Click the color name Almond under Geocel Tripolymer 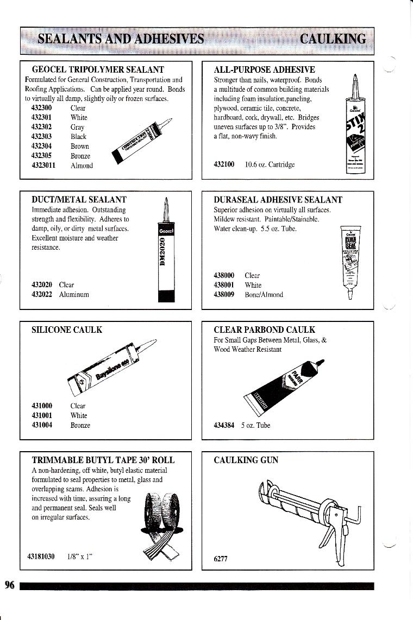coord(82,166)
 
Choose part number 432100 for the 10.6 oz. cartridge coord(224,163)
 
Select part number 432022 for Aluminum coord(42,294)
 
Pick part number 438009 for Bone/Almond coord(225,295)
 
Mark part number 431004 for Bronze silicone coord(42,425)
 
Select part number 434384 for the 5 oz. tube coord(224,425)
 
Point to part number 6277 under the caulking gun coord(221,560)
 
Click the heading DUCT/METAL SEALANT coord(79,200)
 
